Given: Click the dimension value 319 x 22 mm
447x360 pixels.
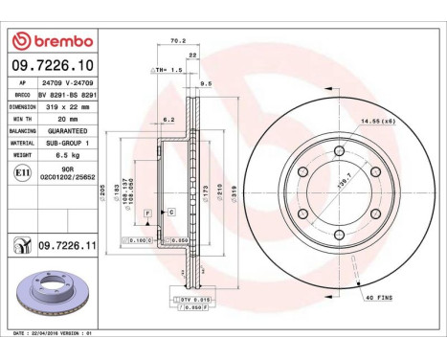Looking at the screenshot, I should coord(65,107).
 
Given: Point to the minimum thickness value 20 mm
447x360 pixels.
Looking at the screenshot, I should coord(53,118).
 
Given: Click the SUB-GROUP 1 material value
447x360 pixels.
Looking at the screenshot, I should coord(63,141).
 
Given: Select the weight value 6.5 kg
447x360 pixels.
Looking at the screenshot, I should coord(53,152).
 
